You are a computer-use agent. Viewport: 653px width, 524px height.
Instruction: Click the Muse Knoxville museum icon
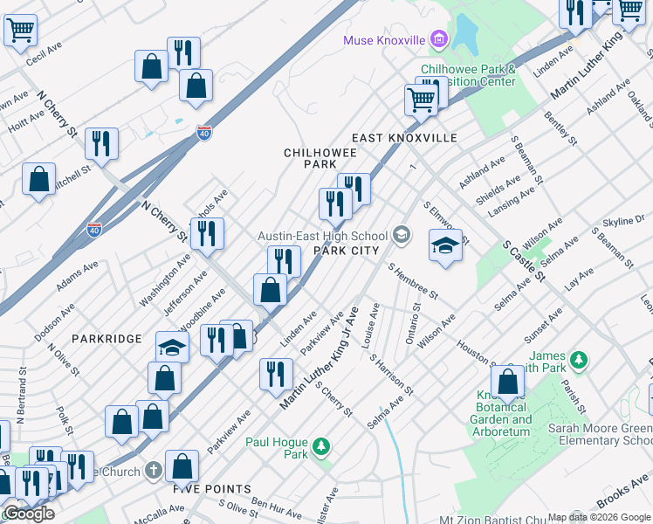[438, 40]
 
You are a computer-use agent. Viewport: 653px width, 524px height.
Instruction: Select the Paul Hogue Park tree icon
[322, 447]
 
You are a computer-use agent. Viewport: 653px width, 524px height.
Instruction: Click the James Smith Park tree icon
[576, 359]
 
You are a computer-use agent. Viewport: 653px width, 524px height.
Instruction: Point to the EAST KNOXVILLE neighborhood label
[404, 138]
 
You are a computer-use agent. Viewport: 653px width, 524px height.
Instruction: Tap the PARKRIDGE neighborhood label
[107, 338]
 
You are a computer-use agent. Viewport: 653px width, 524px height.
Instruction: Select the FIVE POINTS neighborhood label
[211, 489]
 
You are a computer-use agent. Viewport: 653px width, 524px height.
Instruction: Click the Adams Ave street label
[78, 276]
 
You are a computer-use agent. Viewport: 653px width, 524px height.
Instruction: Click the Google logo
[29, 514]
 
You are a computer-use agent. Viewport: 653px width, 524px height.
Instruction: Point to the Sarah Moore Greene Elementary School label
[601, 434]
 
